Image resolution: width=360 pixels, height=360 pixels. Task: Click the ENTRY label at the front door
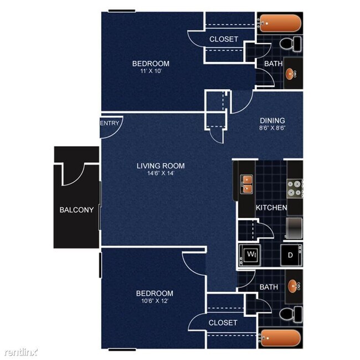click(x=110, y=123)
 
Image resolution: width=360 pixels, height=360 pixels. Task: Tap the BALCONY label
click(x=77, y=210)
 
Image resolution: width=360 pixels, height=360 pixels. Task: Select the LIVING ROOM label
click(x=161, y=166)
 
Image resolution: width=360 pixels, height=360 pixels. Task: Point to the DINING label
click(x=272, y=121)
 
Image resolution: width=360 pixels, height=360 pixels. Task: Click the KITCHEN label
click(x=271, y=208)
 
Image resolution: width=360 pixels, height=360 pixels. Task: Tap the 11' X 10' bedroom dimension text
click(x=150, y=71)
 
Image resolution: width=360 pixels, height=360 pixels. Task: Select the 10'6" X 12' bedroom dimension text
click(x=155, y=301)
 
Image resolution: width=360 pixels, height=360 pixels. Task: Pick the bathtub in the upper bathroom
click(x=281, y=24)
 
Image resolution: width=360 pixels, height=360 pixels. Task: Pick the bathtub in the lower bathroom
click(x=281, y=337)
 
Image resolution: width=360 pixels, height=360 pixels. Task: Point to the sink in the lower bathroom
click(x=292, y=287)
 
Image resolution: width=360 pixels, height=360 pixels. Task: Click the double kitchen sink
click(x=246, y=184)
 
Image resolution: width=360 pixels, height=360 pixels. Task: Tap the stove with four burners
click(x=294, y=189)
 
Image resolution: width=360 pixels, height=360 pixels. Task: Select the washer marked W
click(x=251, y=255)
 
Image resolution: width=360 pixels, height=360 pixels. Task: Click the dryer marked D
click(x=290, y=255)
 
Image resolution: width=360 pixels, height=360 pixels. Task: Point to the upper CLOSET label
click(x=224, y=39)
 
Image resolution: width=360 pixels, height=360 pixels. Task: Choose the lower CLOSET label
click(x=223, y=322)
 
